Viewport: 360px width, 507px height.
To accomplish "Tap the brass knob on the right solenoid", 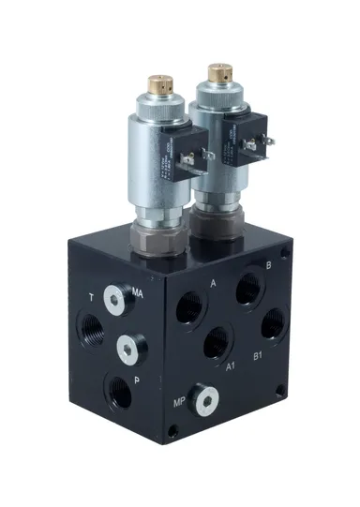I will click(x=220, y=71).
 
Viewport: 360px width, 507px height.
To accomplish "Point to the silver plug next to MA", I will click(x=115, y=299).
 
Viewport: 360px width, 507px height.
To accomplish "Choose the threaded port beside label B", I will click(x=250, y=287).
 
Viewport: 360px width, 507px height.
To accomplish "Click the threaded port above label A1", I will click(x=218, y=342).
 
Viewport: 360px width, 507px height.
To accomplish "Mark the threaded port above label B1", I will click(x=273, y=322).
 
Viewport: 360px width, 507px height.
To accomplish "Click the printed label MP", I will click(x=179, y=405).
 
